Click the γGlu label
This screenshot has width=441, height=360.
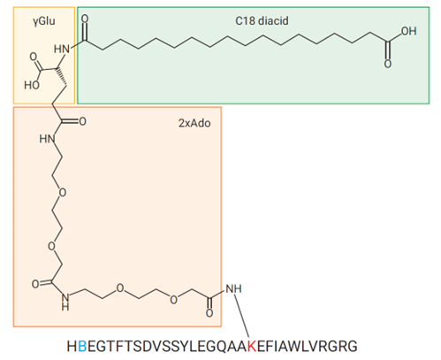coord(44,21)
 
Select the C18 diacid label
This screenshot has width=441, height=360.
coord(262,21)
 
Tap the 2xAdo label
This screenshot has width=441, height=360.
coord(194,123)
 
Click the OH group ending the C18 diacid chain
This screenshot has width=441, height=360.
coord(408,31)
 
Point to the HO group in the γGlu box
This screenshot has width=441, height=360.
coord(32,85)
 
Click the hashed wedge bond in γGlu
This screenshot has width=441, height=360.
coord(61,77)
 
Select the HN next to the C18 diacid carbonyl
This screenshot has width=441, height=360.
coord(62,49)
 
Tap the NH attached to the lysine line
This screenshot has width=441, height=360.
coord(233,288)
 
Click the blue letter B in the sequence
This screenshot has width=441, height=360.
coord(83,347)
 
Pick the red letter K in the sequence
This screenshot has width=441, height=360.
coord(252,347)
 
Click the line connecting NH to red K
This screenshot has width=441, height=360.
coord(242,316)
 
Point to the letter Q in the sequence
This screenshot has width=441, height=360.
coord(223,347)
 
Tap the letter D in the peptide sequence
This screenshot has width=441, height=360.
coord(148,347)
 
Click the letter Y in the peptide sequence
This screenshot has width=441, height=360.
coord(184,347)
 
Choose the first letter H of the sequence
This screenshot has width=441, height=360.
coord(72,347)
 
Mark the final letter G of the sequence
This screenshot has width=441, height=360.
coord(352,347)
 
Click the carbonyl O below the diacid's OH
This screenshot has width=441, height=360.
coord(388,64)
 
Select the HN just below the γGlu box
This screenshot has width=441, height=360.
coord(47,138)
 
